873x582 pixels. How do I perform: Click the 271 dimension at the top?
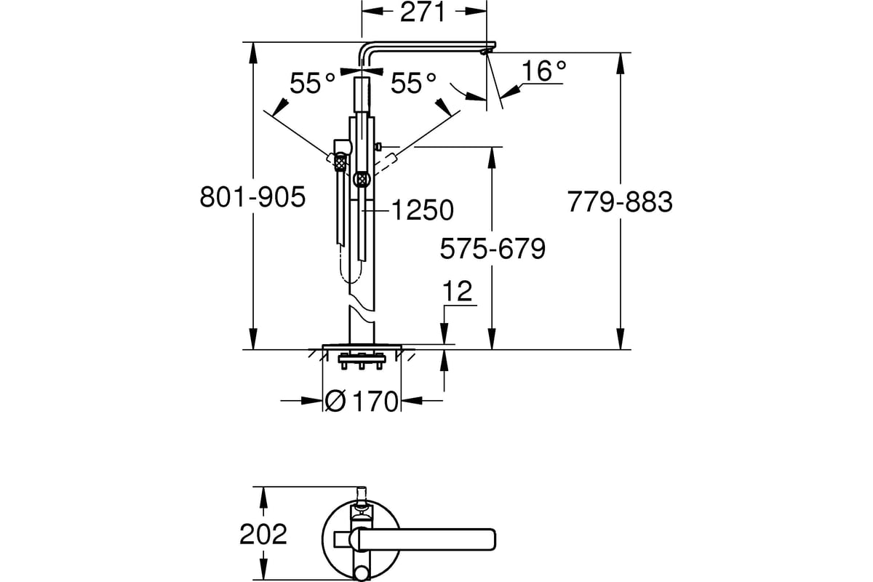pyautogui.click(x=423, y=12)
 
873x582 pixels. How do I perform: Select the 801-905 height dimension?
pyautogui.click(x=252, y=197)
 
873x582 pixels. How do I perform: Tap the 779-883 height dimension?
pyautogui.click(x=620, y=202)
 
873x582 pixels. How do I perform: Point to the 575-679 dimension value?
pyautogui.click(x=493, y=249)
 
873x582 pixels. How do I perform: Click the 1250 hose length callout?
pyautogui.click(x=423, y=210)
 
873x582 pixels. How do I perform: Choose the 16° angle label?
pyautogui.click(x=543, y=71)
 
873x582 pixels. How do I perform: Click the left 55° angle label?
pyautogui.click(x=312, y=83)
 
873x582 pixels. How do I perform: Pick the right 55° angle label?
pyautogui.click(x=413, y=83)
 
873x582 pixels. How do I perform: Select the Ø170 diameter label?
pyautogui.click(x=362, y=402)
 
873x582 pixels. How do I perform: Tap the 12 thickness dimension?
pyautogui.click(x=457, y=291)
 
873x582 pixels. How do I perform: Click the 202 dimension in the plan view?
pyautogui.click(x=263, y=535)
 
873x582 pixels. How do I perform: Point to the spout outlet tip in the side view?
pyautogui.click(x=485, y=52)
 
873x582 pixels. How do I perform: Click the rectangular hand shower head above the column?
pyautogui.click(x=362, y=95)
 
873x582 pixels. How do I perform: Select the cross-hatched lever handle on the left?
pyautogui.click(x=340, y=162)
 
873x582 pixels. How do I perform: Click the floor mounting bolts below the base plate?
pyautogui.click(x=362, y=361)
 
